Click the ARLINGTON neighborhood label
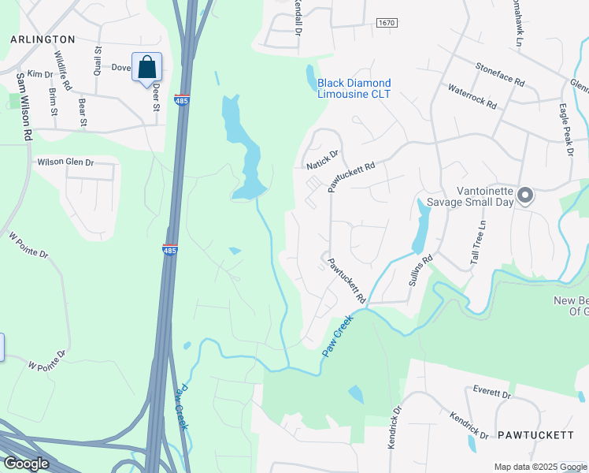(43, 39)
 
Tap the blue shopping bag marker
(147, 68)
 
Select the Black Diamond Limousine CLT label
(354, 88)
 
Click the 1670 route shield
(386, 24)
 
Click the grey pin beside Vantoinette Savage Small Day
(526, 195)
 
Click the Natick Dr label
(322, 160)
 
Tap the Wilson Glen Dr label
(66, 162)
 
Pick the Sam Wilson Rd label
(21, 107)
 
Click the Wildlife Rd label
(63, 70)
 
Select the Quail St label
(98, 60)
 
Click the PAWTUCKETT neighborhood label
(535, 435)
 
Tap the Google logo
(26, 464)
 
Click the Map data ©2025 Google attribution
(539, 467)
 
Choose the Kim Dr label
(39, 73)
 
